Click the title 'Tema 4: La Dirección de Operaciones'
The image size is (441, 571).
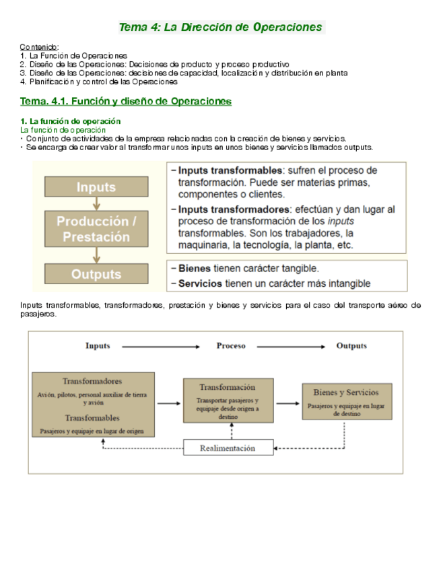click(221, 27)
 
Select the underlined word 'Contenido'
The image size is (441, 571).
click(39, 46)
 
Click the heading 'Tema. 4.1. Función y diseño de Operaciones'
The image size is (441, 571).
click(126, 101)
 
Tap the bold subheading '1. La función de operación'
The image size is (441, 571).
click(71, 121)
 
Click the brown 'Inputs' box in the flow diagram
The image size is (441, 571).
click(96, 187)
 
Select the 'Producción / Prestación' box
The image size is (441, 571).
click(97, 229)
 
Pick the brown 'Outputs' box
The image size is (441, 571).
click(96, 274)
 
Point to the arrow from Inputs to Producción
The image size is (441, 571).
click(97, 203)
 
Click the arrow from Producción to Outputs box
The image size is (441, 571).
click(97, 255)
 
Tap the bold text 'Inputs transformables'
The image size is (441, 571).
click(229, 170)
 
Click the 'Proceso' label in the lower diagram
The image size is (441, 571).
click(231, 345)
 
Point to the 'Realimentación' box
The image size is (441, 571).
click(228, 448)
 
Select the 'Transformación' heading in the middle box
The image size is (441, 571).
click(228, 387)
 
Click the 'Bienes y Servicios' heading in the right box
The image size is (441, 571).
click(346, 392)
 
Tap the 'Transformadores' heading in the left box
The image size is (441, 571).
click(93, 380)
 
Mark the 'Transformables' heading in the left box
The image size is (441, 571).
click(93, 417)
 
